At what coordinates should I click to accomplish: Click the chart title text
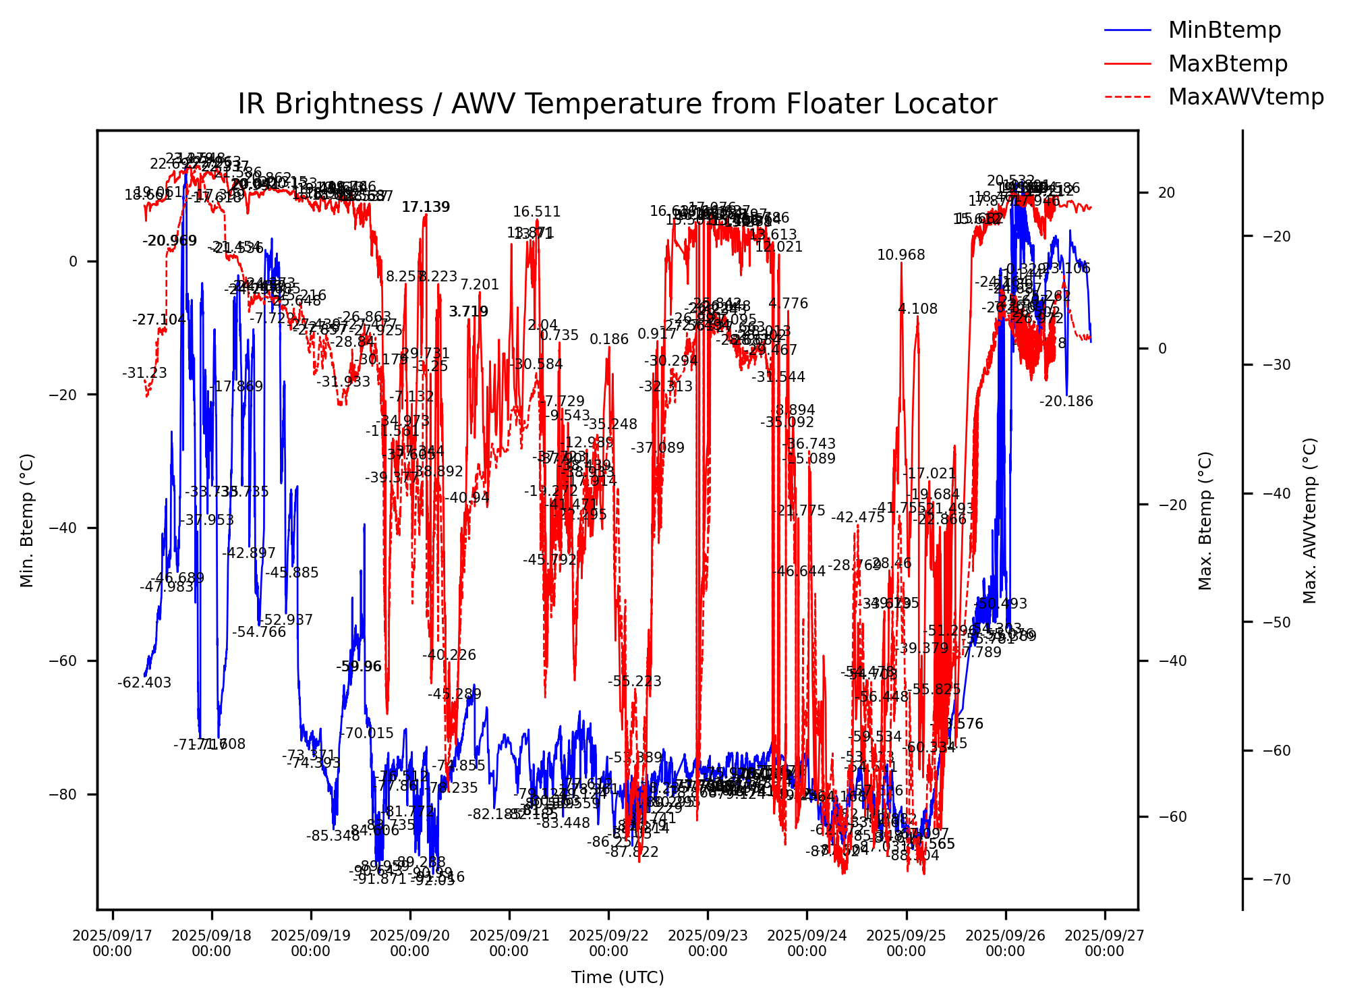[x=617, y=105]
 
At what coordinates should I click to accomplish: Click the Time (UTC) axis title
[x=617, y=977]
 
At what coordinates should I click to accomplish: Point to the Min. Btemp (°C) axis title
[x=27, y=520]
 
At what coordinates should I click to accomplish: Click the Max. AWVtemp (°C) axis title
[x=1310, y=520]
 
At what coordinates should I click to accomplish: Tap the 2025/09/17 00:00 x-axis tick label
[x=112, y=943]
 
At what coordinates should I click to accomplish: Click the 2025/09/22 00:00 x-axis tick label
[x=608, y=943]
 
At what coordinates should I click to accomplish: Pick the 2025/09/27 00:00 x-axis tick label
[x=1104, y=943]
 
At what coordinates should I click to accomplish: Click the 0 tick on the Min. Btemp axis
[x=74, y=261]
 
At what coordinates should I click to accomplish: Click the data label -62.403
[x=144, y=683]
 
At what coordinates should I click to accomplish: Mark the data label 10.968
[x=901, y=255]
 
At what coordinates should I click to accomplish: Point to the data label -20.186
[x=1066, y=401]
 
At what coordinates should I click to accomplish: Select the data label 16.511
[x=537, y=212]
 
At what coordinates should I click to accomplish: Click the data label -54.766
[x=259, y=632]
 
